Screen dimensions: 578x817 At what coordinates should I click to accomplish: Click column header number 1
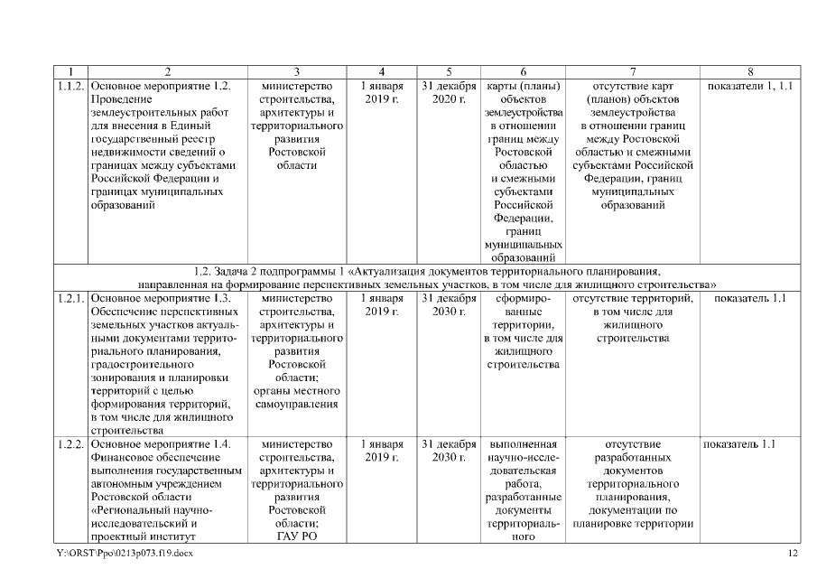(72, 71)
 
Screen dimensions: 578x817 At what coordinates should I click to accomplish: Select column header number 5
(449, 71)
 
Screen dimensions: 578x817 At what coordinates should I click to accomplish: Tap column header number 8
(750, 71)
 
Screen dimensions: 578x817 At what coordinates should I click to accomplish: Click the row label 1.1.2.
(72, 86)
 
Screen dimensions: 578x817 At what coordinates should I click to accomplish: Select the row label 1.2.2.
(72, 444)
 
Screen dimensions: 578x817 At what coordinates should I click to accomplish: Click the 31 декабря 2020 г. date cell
(449, 92)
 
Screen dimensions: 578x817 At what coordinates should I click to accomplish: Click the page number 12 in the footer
(794, 552)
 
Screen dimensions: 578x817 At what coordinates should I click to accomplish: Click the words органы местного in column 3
(296, 391)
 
